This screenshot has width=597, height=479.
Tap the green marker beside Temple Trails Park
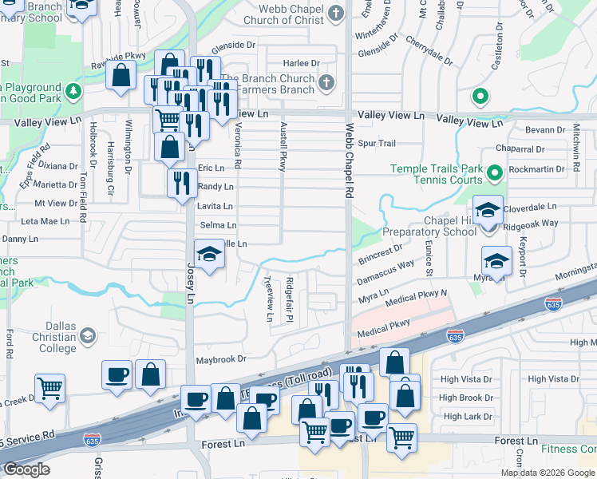494,172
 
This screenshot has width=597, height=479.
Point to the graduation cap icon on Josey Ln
209,254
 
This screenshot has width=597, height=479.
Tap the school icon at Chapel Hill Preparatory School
488,211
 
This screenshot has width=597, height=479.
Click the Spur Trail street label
377,144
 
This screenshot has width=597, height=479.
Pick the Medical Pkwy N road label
416,299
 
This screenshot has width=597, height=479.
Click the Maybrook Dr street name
221,360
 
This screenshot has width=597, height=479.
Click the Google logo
26,469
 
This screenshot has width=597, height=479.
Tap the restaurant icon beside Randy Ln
182,182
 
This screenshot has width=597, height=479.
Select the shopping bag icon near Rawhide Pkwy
121,74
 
